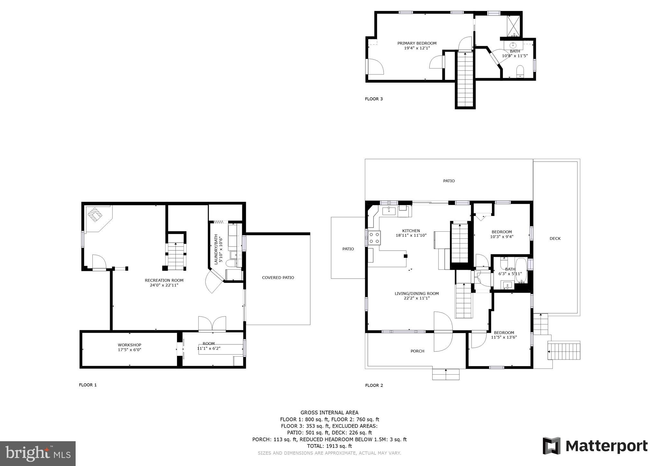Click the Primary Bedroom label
417,43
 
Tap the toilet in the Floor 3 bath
520,71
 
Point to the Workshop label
129,345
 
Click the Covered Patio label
278,277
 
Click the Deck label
555,238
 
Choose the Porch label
417,351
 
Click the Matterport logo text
606,446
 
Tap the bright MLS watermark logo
38,453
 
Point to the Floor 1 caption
88,385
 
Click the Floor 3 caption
374,99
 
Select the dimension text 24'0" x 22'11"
164,285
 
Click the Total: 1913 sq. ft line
329,446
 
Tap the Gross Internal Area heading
329,413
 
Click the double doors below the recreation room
212,324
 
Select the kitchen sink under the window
389,211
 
